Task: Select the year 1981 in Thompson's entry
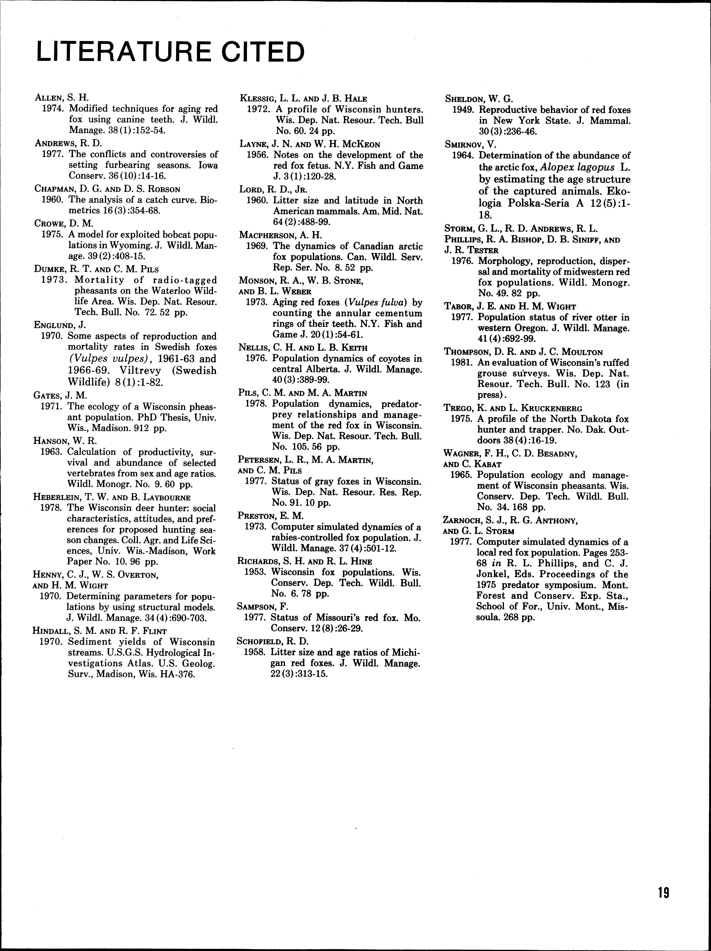click(461, 362)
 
